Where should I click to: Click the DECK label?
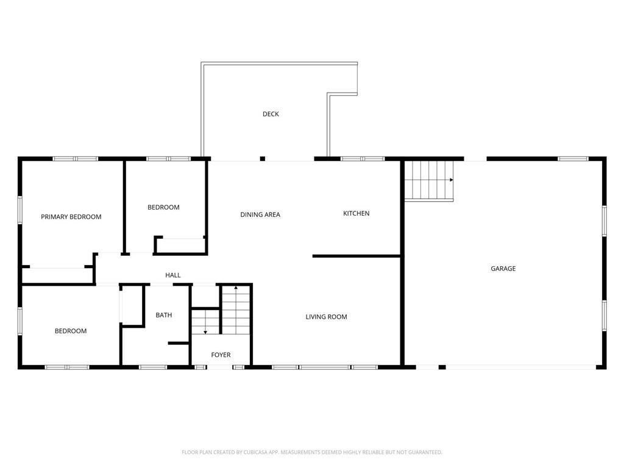pyautogui.click(x=271, y=114)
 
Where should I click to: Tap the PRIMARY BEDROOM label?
pyautogui.click(x=71, y=217)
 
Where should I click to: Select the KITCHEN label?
pyautogui.click(x=356, y=214)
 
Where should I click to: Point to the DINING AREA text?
pyautogui.click(x=260, y=215)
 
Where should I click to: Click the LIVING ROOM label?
pyautogui.click(x=327, y=317)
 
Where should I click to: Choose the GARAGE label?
pyautogui.click(x=503, y=269)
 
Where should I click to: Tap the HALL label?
pyautogui.click(x=172, y=275)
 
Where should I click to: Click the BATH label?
pyautogui.click(x=163, y=315)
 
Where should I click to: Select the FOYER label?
pyautogui.click(x=221, y=355)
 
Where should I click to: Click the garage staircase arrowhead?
pyautogui.click(x=452, y=180)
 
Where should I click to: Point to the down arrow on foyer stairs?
pyautogui.click(x=205, y=332)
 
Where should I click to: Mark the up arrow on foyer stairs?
pyautogui.click(x=236, y=288)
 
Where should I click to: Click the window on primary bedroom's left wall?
pyautogui.click(x=19, y=210)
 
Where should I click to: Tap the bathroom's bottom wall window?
pyautogui.click(x=153, y=367)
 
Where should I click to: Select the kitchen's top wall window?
pyautogui.click(x=363, y=159)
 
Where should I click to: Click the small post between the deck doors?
pyautogui.click(x=262, y=159)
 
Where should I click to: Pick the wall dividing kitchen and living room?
pyautogui.click(x=356, y=257)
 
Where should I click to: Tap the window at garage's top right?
pyautogui.click(x=573, y=159)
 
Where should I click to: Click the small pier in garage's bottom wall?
pyautogui.click(x=442, y=367)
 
